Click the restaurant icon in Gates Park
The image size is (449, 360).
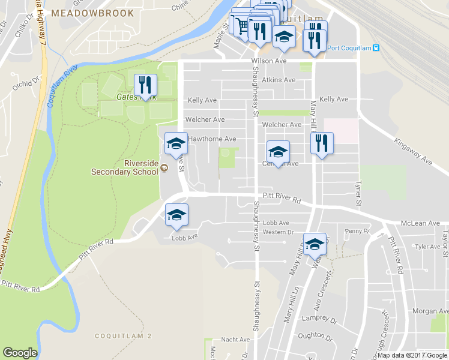pyautogui.click(x=145, y=85)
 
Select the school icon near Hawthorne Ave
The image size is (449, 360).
pyautogui.click(x=175, y=143)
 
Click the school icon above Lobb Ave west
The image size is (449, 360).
pyautogui.click(x=176, y=215)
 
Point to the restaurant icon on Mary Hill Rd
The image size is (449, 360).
pyautogui.click(x=322, y=143)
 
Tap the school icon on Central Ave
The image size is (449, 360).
pyautogui.click(x=278, y=151)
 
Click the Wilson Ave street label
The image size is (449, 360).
pyautogui.click(x=270, y=61)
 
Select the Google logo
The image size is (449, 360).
pyautogui.click(x=20, y=353)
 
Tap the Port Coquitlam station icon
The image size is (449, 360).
pyautogui.click(x=376, y=49)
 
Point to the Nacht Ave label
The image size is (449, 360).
pyautogui.click(x=236, y=340)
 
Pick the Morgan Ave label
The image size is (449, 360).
pyautogui.click(x=430, y=311)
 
